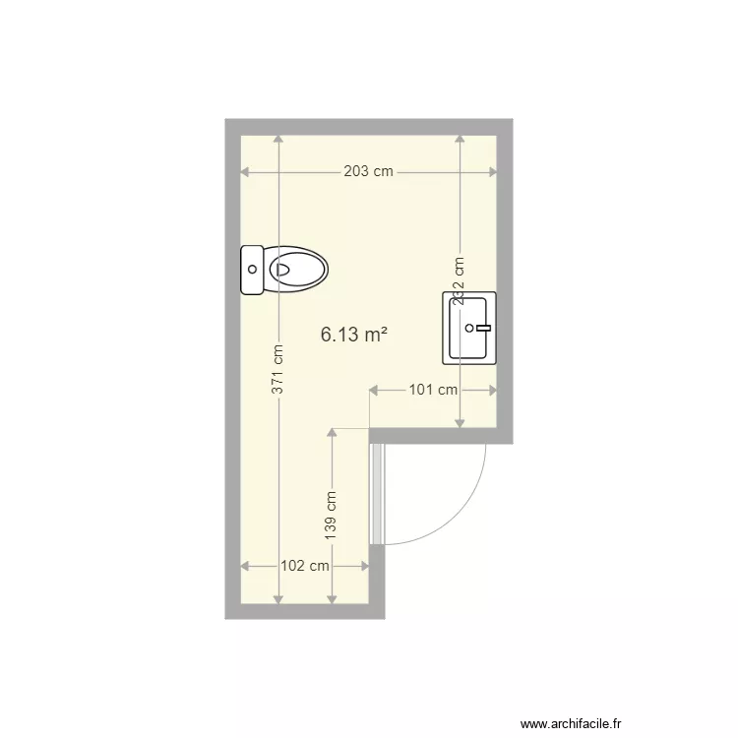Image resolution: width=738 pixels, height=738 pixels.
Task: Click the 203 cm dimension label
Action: [x=368, y=171]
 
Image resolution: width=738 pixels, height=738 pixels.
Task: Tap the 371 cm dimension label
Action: [x=279, y=370]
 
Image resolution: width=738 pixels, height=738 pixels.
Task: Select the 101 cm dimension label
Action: [x=433, y=390]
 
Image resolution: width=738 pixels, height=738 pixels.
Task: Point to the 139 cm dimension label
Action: [x=332, y=514]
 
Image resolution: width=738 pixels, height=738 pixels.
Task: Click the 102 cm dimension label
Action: [x=305, y=566]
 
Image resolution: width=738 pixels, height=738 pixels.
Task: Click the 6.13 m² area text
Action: [x=353, y=335]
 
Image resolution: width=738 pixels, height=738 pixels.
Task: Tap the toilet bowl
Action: [x=298, y=268]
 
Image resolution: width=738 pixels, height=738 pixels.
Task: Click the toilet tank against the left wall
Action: [x=253, y=269]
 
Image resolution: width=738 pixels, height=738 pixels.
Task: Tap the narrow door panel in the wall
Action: [x=376, y=492]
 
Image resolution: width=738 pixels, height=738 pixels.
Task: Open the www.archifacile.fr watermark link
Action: [x=572, y=721]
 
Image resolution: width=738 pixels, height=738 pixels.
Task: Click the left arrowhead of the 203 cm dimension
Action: [x=245, y=172]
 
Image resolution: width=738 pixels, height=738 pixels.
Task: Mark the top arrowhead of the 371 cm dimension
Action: [x=279, y=139]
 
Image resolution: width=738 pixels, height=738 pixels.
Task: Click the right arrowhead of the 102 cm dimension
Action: [x=365, y=566]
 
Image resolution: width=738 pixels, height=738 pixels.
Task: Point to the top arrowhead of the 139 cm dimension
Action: [x=332, y=433]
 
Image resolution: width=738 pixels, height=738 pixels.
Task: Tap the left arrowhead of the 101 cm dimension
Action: [x=373, y=391]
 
